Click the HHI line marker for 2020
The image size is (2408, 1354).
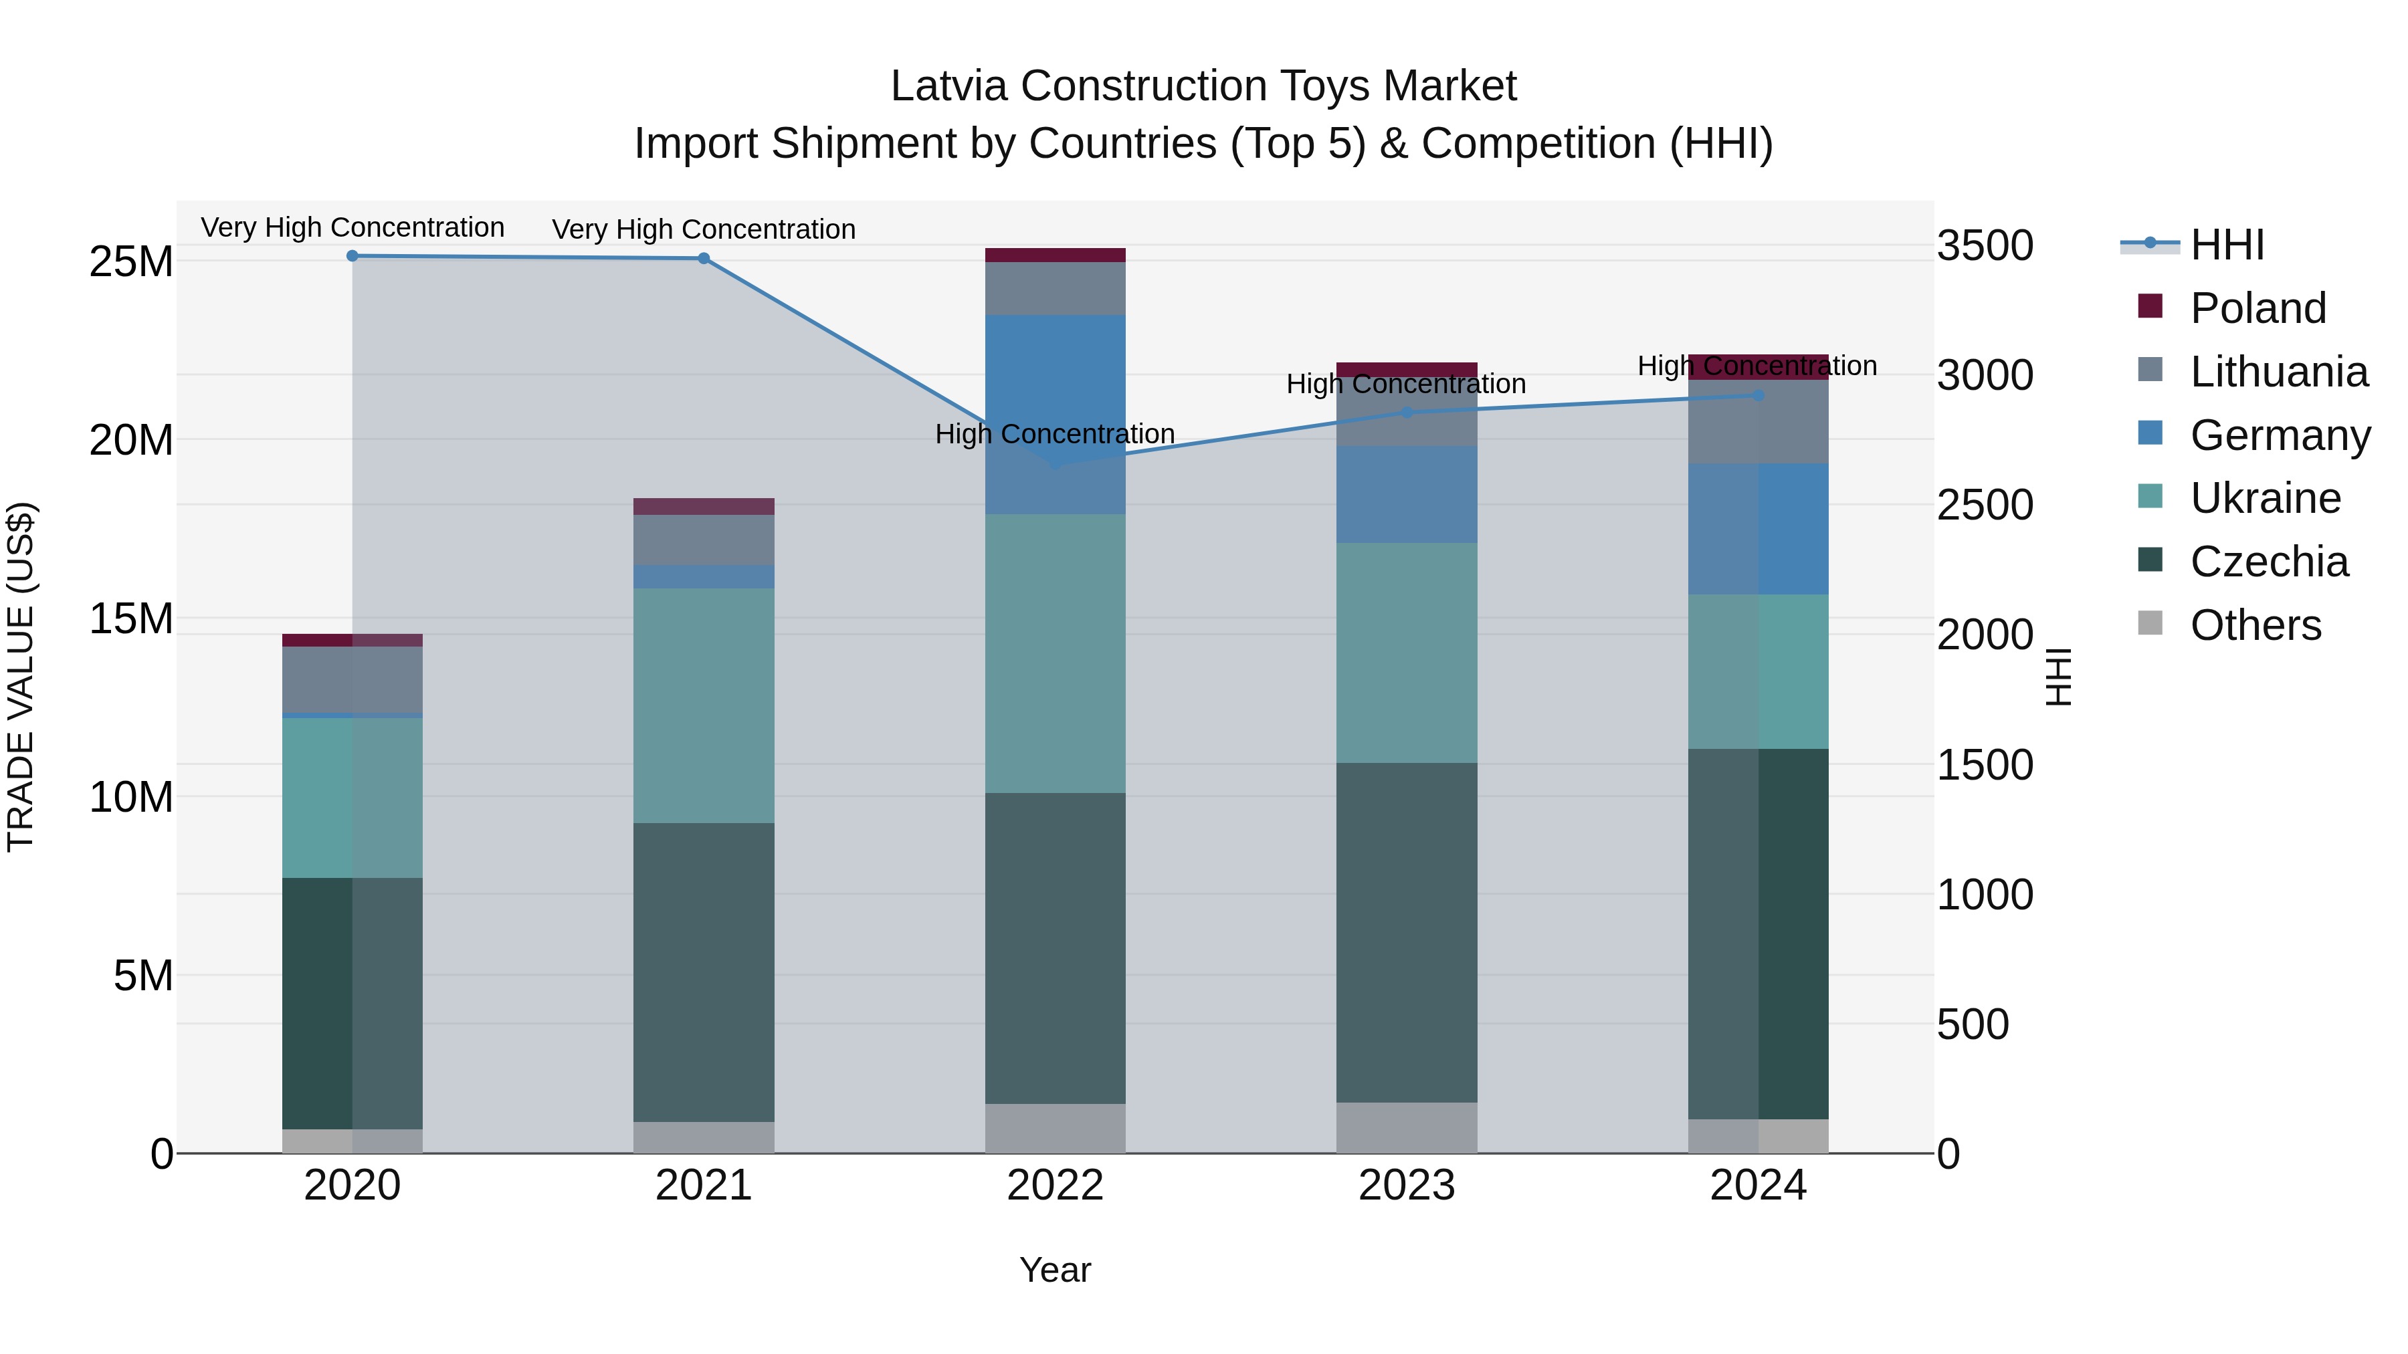(x=353, y=255)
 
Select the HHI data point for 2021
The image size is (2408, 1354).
(x=704, y=258)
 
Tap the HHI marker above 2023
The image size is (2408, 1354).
(x=1407, y=412)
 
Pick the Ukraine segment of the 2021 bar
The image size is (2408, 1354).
(x=704, y=705)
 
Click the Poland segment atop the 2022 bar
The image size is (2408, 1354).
(x=1056, y=255)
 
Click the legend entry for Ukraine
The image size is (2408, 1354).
(x=2264, y=498)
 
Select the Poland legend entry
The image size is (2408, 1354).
(x=2257, y=308)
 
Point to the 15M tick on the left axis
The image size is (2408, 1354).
(x=131, y=618)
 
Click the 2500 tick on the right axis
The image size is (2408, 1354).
(x=1985, y=505)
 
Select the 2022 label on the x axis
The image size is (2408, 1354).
(x=1056, y=1185)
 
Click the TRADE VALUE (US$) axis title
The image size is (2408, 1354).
(x=21, y=677)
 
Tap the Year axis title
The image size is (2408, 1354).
(x=1056, y=1270)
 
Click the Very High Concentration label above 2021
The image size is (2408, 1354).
(x=704, y=229)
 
